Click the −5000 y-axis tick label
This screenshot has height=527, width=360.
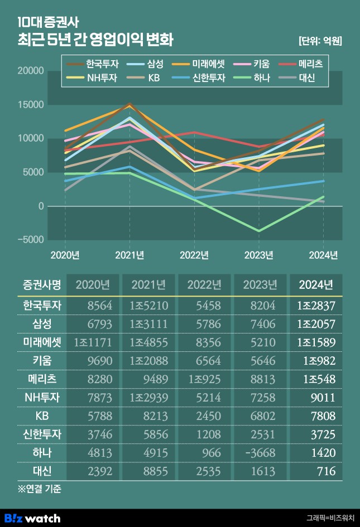pos(29,240)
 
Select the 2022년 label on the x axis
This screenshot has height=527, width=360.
pos(195,255)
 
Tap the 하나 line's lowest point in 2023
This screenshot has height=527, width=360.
pos(259,230)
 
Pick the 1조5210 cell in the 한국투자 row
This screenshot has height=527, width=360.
pos(149,306)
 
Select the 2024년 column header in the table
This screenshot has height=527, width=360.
pos(316,285)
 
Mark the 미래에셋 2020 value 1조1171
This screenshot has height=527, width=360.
pos(93,342)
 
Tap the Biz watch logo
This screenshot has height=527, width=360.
pos(32,518)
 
